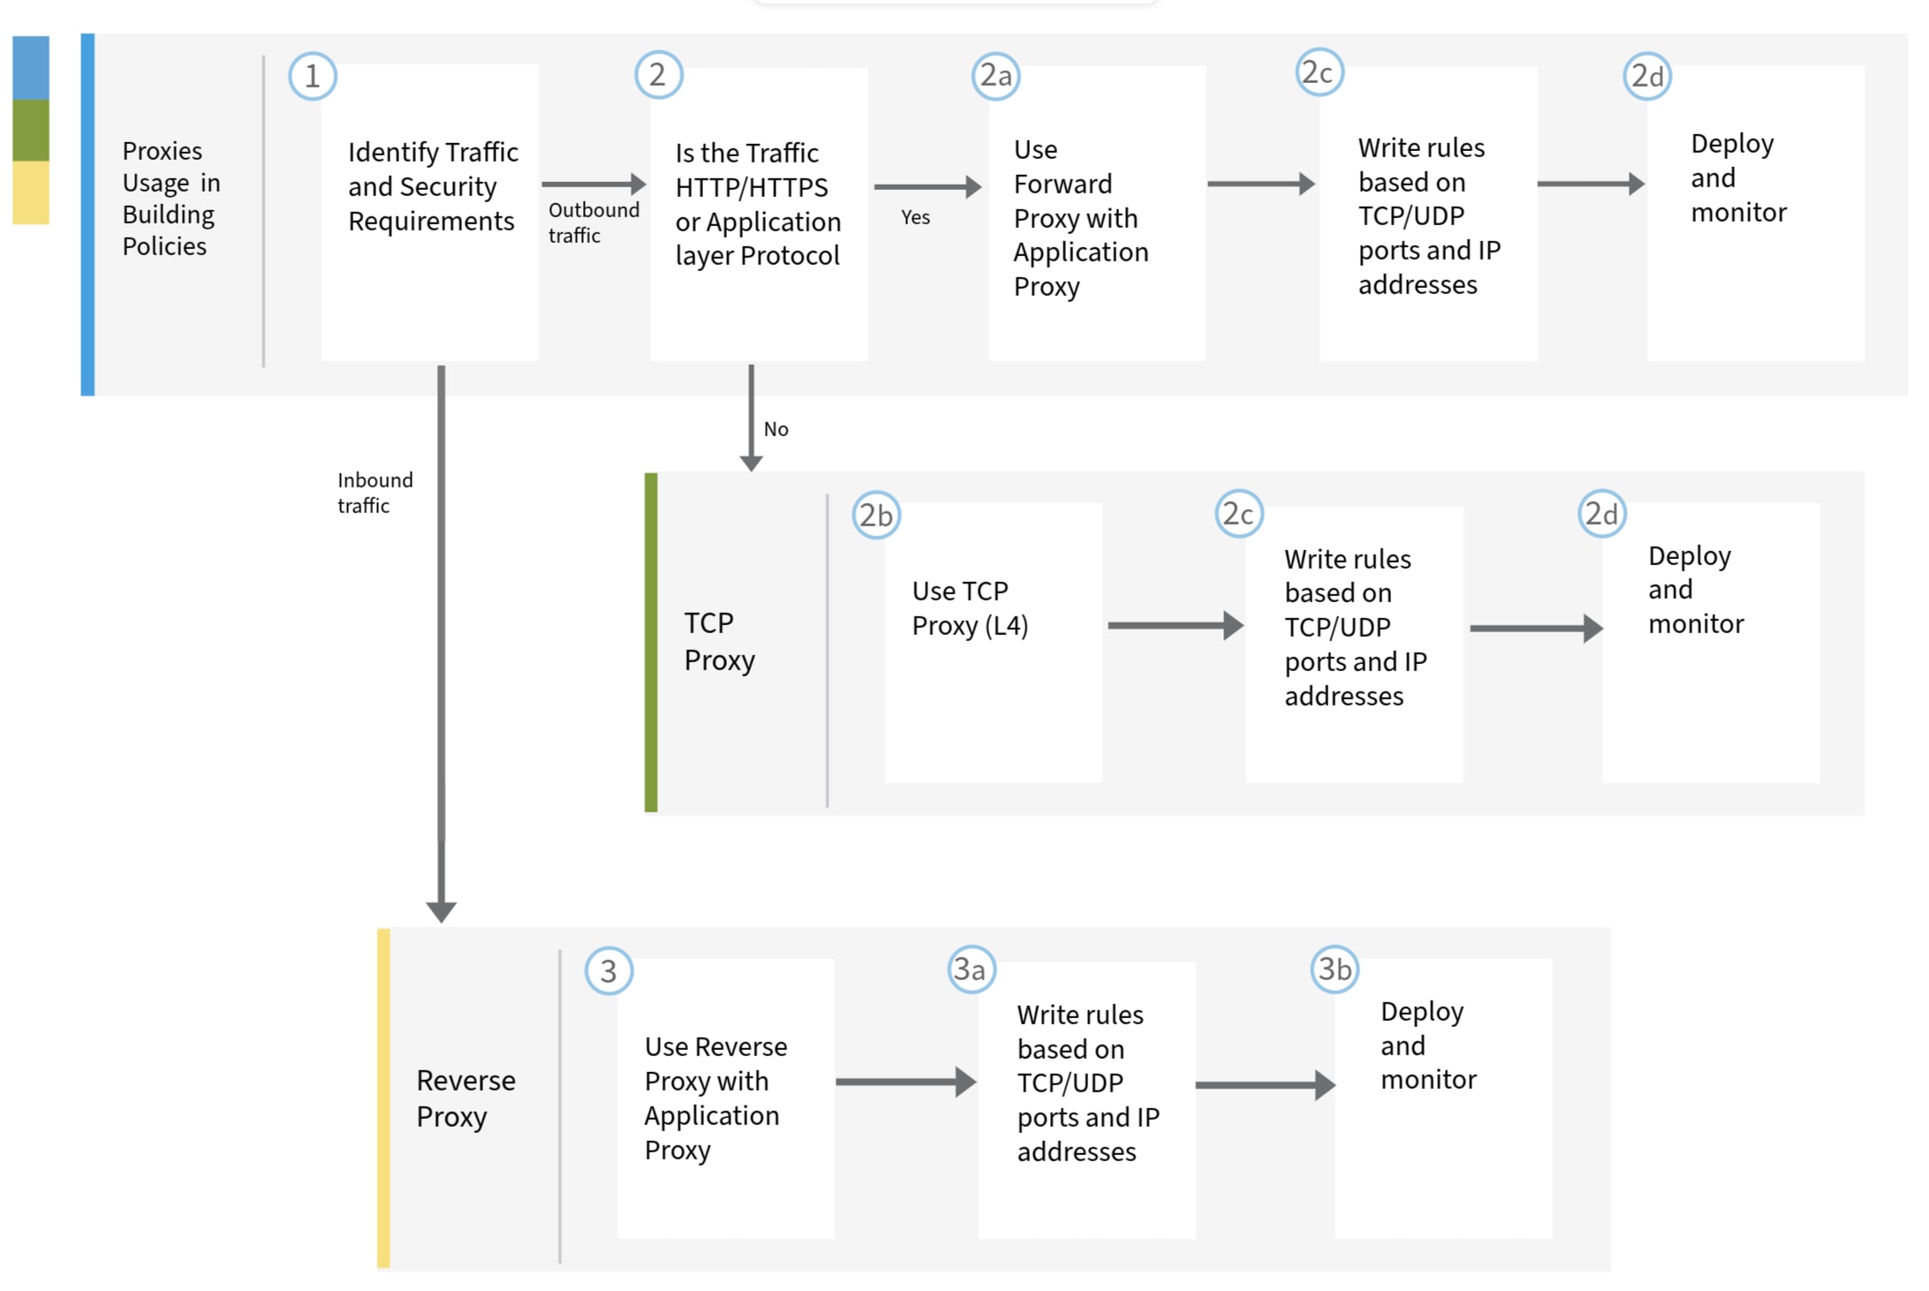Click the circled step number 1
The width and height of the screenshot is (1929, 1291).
312,77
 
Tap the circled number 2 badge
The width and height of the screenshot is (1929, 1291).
658,75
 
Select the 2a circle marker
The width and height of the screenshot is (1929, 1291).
995,76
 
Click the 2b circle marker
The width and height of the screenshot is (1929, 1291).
875,515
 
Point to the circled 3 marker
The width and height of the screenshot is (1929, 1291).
609,970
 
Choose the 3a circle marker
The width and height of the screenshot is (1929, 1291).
971,970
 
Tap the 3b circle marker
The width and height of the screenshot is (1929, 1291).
1334,970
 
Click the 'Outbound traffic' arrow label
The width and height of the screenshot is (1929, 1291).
593,222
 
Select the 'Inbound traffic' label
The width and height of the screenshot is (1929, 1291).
374,492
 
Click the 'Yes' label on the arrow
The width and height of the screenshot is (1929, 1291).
915,217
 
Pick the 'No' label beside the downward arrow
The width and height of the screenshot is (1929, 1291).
775,429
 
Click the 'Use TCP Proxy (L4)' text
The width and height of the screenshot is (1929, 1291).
969,608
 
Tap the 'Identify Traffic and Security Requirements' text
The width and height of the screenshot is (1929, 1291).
432,186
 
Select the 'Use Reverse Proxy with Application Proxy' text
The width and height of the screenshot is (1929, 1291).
715,1098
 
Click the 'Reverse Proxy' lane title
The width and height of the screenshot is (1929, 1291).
465,1098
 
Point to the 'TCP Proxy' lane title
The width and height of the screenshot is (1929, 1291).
718,641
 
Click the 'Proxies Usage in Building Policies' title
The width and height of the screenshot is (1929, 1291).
170,198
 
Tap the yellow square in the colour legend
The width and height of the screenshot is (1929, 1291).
31,192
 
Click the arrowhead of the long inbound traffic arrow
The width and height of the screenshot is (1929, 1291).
441,910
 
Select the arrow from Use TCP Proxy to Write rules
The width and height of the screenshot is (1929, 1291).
1174,625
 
